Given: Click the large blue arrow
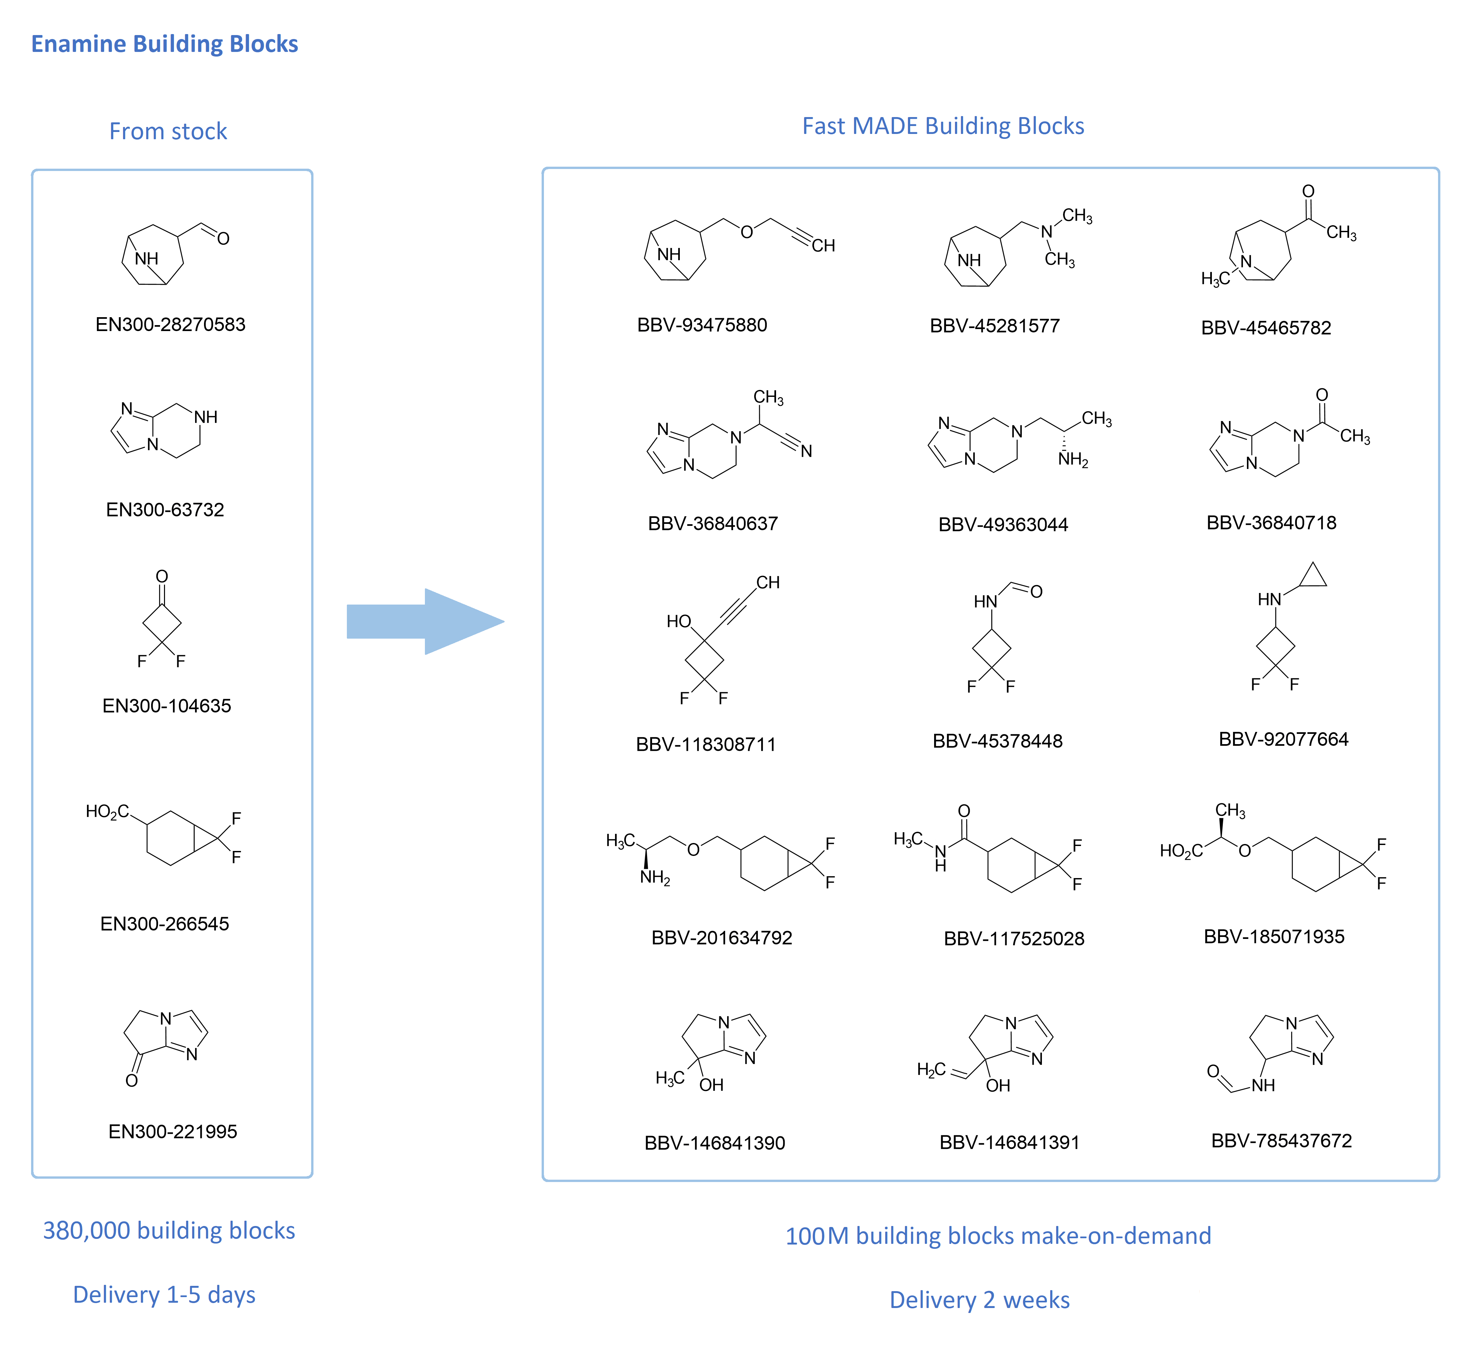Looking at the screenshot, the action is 426,621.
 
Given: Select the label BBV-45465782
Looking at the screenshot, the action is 1266,328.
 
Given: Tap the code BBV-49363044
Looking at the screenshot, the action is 1003,524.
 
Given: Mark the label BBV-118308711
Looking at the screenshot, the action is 706,744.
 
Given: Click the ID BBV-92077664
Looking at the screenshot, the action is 1284,739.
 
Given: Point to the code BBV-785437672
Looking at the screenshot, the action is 1282,1141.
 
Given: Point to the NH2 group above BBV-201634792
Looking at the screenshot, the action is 655,878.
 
